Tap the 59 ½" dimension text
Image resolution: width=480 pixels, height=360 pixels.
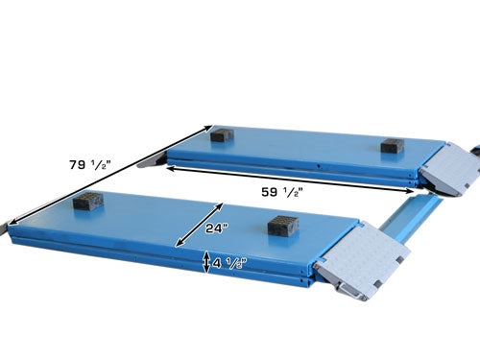[x=283, y=191]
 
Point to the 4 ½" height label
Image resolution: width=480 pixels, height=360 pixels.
[x=231, y=262]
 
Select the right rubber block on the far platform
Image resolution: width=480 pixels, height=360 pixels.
[x=391, y=146]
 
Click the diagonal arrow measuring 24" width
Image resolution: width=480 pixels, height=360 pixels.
[x=198, y=223]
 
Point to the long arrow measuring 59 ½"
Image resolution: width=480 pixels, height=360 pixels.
[x=298, y=177]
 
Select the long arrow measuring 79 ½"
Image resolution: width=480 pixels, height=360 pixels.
[x=106, y=174]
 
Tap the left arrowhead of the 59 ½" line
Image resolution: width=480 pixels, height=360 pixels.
[x=171, y=165]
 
